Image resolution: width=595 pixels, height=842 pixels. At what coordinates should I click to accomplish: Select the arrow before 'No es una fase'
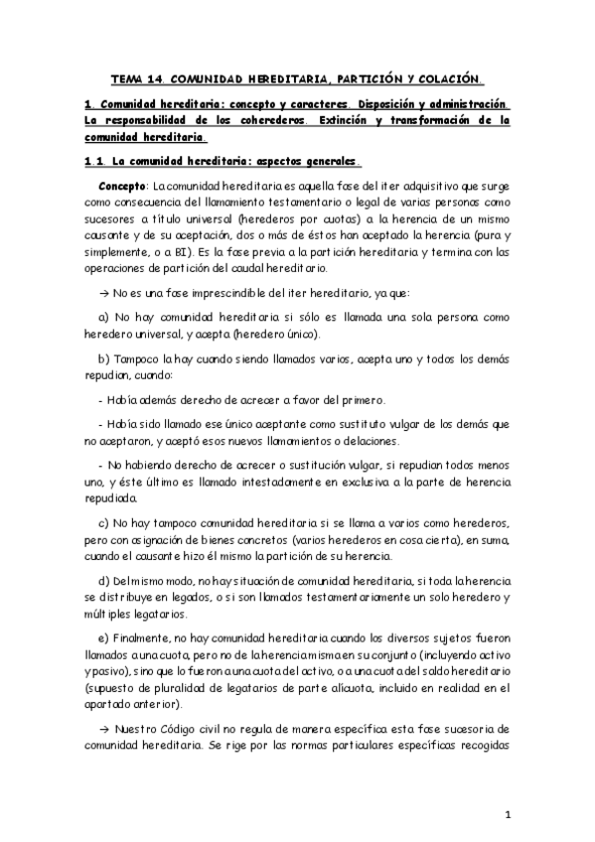tap(105, 295)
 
